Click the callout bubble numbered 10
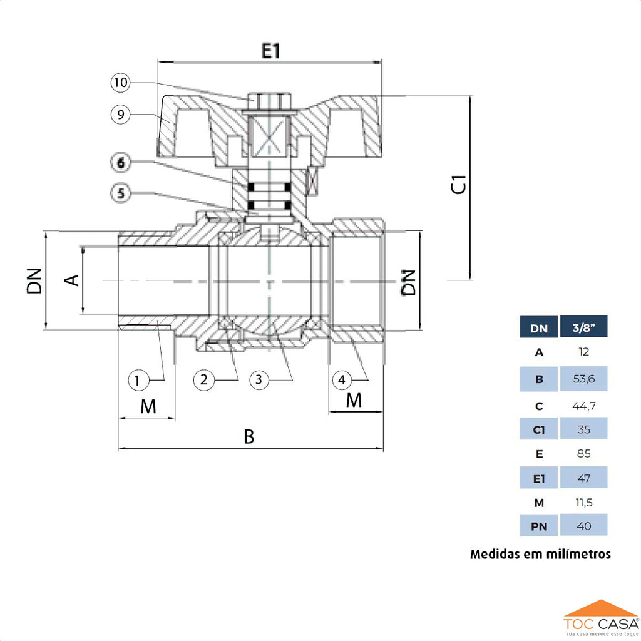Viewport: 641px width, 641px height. pyautogui.click(x=121, y=82)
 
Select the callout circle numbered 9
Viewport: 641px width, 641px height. pyautogui.click(x=121, y=114)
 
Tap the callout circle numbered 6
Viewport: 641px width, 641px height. pyautogui.click(x=121, y=162)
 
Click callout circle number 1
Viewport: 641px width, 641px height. pyautogui.click(x=139, y=379)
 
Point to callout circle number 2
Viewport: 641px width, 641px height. pyautogui.click(x=204, y=379)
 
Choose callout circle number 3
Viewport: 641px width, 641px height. pyautogui.click(x=259, y=379)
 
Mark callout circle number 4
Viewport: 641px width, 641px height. pyautogui.click(x=342, y=379)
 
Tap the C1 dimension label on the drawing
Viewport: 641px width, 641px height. pyautogui.click(x=460, y=185)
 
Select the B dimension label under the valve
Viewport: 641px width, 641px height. pyautogui.click(x=249, y=437)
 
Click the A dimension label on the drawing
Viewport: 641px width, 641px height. pyautogui.click(x=73, y=279)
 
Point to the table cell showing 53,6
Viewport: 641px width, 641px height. pyautogui.click(x=583, y=379)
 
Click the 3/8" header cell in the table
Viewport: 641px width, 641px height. pyautogui.click(x=583, y=327)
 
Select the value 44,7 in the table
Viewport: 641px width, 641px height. pyautogui.click(x=583, y=406)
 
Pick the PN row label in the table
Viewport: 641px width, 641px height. pyautogui.click(x=539, y=526)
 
